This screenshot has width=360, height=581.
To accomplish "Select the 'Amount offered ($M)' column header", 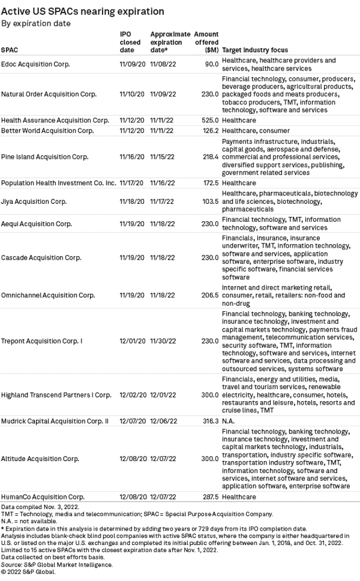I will click(x=207, y=42).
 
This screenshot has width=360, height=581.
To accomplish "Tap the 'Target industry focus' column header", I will click(x=255, y=50).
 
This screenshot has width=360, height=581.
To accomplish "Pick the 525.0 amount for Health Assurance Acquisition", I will click(x=209, y=121).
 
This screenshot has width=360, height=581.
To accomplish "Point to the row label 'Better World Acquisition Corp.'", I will click(x=47, y=131).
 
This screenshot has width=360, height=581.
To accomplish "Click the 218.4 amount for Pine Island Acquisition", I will click(x=209, y=156).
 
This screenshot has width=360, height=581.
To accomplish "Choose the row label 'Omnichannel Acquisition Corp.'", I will click(x=48, y=296).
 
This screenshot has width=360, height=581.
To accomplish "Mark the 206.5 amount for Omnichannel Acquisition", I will click(x=209, y=296).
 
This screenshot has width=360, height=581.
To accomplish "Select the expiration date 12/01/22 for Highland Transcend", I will click(x=163, y=396).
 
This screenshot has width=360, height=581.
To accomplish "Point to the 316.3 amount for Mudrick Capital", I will click(x=209, y=422).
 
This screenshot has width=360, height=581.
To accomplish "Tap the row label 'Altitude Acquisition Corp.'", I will click(x=40, y=459).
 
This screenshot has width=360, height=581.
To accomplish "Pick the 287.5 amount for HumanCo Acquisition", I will click(x=209, y=497).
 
